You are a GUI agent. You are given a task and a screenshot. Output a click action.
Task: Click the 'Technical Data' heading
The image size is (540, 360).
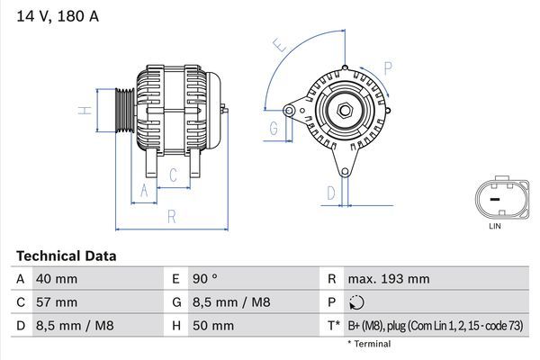(66, 256)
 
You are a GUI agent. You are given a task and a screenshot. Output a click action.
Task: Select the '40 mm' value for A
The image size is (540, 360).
(56, 279)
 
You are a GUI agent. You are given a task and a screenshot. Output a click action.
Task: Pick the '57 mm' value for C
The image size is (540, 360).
(56, 301)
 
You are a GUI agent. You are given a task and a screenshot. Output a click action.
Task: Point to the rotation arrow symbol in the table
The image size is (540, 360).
(357, 302)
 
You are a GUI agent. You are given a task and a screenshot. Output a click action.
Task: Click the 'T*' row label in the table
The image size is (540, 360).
(333, 325)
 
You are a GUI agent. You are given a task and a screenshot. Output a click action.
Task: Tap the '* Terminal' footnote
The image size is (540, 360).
(369, 344)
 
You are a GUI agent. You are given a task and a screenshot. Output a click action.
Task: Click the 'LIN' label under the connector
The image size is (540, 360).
(494, 228)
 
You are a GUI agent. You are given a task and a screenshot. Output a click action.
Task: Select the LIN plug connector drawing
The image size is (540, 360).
(494, 197)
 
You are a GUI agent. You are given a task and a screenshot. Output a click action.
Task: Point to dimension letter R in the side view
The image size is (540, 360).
(171, 217)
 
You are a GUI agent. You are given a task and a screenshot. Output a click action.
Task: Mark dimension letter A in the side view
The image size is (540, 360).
(143, 190)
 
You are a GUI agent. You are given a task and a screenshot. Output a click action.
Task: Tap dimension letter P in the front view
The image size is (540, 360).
(387, 67)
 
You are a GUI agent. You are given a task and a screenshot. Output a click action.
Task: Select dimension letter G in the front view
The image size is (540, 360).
(274, 129)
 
